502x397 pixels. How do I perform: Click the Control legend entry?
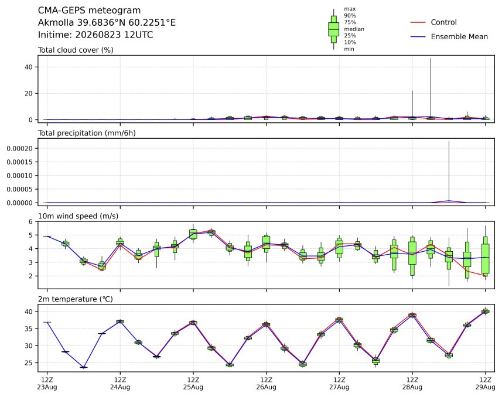tap(433, 22)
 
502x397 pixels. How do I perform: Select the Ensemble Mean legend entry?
tap(449, 37)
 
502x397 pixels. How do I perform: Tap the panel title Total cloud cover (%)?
tap(76, 50)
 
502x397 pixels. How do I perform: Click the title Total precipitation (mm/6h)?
tap(87, 133)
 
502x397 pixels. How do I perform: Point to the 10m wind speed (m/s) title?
tap(78, 216)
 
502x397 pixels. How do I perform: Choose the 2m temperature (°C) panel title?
tap(76, 299)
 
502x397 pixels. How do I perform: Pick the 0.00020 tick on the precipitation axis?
tap(19, 148)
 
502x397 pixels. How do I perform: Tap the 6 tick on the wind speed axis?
tap(30, 221)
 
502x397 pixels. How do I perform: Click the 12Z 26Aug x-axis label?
tap(266, 383)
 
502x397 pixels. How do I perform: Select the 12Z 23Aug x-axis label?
tap(47, 383)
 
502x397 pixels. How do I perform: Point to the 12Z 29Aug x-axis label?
tap(486, 383)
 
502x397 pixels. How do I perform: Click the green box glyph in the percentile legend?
tap(334, 29)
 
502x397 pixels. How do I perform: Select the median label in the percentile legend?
tap(354, 29)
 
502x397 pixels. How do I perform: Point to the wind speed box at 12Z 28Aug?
tap(412, 256)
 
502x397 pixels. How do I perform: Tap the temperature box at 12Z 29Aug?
tap(486, 311)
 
